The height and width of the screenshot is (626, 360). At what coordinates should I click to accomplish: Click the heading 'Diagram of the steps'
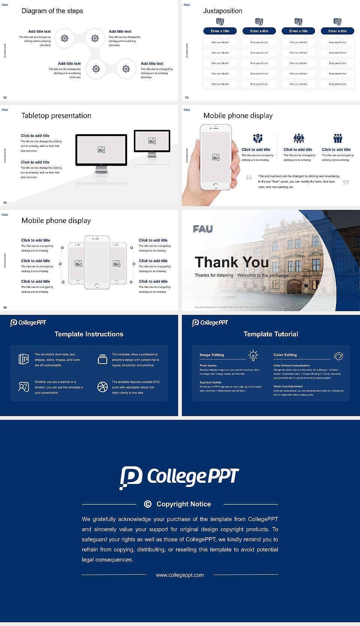pyautogui.click(x=52, y=11)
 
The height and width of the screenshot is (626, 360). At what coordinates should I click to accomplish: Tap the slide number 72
pyautogui.click(x=5, y=97)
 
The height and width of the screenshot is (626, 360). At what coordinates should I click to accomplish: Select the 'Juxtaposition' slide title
pyautogui.click(x=222, y=11)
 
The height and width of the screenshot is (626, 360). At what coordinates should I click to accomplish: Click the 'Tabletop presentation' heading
pyautogui.click(x=56, y=115)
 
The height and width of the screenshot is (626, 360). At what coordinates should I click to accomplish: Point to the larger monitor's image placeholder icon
pyautogui.click(x=101, y=150)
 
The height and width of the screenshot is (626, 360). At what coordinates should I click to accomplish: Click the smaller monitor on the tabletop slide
pyautogui.click(x=152, y=141)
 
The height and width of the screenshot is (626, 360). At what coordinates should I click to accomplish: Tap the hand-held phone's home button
pyautogui.click(x=216, y=186)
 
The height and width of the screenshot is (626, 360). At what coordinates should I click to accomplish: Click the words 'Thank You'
pyautogui.click(x=232, y=262)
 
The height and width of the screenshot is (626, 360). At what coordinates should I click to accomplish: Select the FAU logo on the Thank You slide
pyautogui.click(x=203, y=229)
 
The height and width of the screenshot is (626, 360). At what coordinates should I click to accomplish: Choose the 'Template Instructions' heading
pyautogui.click(x=89, y=334)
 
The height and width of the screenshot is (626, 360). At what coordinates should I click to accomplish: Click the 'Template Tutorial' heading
pyautogui.click(x=271, y=334)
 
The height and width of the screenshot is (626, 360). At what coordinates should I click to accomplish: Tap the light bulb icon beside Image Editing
pyautogui.click(x=253, y=355)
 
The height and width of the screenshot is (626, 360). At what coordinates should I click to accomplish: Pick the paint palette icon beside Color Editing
pyautogui.click(x=339, y=356)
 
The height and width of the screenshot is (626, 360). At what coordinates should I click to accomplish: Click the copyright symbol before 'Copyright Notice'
pyautogui.click(x=148, y=504)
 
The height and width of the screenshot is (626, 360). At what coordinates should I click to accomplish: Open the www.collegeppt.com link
pyautogui.click(x=180, y=575)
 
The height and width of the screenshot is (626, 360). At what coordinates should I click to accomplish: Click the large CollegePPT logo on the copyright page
pyautogui.click(x=179, y=477)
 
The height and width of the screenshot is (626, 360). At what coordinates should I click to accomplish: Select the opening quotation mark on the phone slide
pyautogui.click(x=249, y=177)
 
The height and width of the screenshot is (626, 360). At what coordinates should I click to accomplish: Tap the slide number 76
pyautogui.click(x=5, y=307)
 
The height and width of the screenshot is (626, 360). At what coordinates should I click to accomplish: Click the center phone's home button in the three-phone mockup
pyautogui.click(x=97, y=286)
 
